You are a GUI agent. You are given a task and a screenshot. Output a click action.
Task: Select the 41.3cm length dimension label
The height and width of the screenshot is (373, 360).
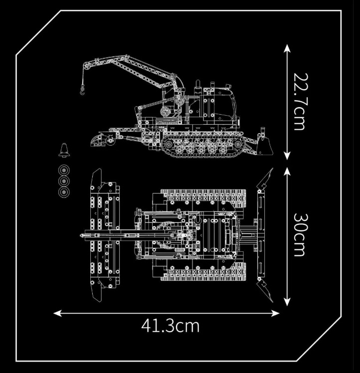[x=170, y=326]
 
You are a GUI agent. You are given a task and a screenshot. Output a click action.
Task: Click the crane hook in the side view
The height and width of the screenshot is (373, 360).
[x=82, y=91]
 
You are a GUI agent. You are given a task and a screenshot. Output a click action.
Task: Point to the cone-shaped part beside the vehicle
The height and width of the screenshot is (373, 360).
[x=64, y=150]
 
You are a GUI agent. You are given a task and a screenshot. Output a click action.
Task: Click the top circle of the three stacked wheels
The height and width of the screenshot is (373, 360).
[x=64, y=171]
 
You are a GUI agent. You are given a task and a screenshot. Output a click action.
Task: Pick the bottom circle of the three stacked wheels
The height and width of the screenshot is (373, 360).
[x=64, y=192]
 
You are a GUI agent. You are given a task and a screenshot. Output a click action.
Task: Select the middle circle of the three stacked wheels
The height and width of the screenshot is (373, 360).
[x=64, y=182]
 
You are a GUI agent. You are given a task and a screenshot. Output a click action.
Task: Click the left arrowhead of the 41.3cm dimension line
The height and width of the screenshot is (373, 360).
[x=58, y=313]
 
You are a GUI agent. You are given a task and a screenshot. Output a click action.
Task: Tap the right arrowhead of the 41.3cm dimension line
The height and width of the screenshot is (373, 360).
[x=275, y=313]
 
